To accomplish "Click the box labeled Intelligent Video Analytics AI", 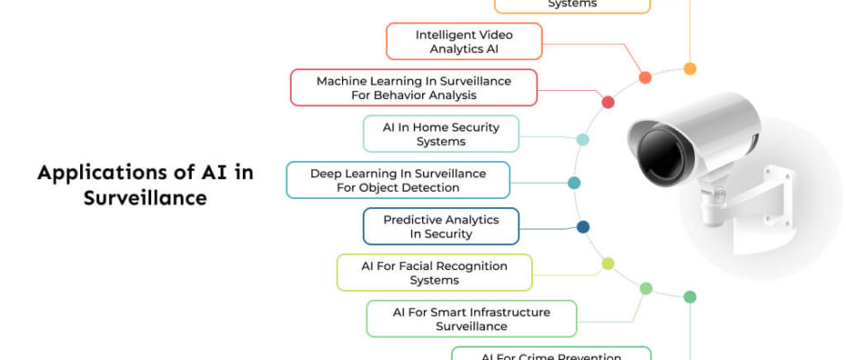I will (463, 41).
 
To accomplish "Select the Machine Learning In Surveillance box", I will (413, 87).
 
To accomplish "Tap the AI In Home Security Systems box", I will (440, 134).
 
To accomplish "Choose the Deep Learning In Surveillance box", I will (398, 180).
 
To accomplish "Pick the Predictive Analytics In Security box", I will (440, 226).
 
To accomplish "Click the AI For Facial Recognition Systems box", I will (434, 273).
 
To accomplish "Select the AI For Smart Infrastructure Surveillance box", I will (471, 319).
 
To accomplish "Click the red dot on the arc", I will (607, 102).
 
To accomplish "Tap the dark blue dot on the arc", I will (582, 227).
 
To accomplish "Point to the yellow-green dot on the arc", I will (607, 264).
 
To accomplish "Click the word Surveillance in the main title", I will (145, 198).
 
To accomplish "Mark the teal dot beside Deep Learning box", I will (573, 183).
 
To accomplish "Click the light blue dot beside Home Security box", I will (582, 139).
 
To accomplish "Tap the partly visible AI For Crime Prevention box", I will (550, 354).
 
